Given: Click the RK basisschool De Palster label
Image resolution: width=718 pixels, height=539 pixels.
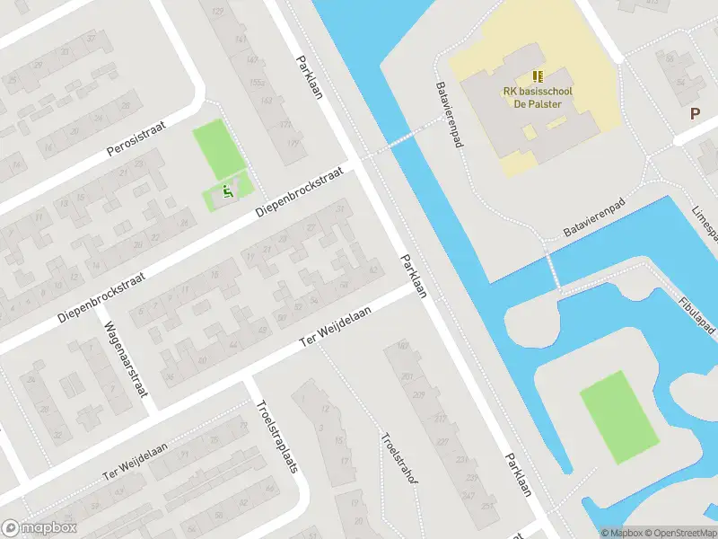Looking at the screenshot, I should click(x=537, y=97).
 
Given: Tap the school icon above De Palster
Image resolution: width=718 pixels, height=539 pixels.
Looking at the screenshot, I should click(x=537, y=77).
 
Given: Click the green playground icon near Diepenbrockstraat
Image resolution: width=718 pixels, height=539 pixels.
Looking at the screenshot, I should click(x=227, y=190).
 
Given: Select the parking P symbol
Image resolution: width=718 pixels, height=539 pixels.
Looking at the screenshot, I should click(x=694, y=113).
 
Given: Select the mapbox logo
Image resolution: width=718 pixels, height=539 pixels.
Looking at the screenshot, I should click(x=39, y=528).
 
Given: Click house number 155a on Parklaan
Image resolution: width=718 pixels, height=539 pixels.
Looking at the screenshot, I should click(x=258, y=82).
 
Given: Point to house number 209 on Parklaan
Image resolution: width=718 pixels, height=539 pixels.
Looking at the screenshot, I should click(x=418, y=394).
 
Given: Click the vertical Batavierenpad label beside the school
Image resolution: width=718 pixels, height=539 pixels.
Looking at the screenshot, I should click(x=448, y=114).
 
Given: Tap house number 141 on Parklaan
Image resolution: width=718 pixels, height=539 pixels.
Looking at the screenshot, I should click(x=240, y=40).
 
